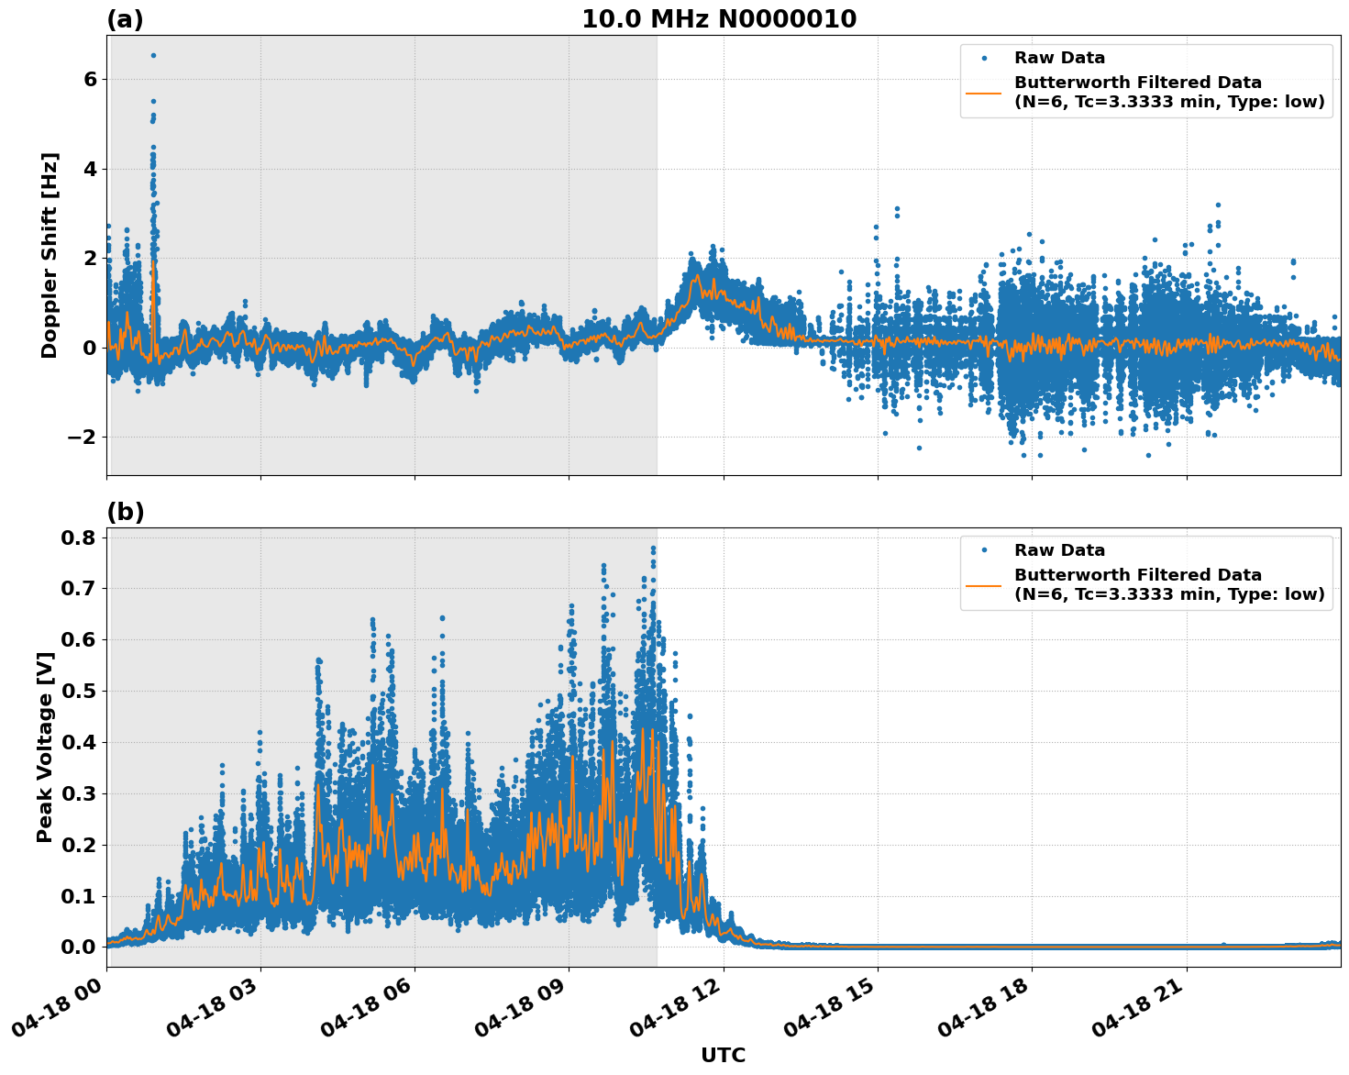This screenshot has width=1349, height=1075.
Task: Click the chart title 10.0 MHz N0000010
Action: (x=719, y=19)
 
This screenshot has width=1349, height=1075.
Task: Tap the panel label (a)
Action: (x=125, y=19)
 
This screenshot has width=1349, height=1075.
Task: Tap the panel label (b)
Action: (x=126, y=512)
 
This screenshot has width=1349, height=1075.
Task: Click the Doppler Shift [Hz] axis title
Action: (x=50, y=255)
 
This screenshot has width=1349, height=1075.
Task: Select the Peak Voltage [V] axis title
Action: (x=45, y=747)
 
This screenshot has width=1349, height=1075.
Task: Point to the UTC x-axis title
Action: (x=723, y=1055)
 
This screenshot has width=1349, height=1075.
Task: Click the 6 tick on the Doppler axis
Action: (x=90, y=80)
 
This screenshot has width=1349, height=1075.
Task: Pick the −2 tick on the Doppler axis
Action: (x=83, y=437)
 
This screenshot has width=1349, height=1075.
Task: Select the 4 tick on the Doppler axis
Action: (x=90, y=169)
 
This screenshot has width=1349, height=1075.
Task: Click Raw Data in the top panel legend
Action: (x=1059, y=58)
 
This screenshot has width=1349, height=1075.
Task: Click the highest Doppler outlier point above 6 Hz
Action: (x=153, y=55)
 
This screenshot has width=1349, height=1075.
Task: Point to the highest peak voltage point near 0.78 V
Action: (x=653, y=549)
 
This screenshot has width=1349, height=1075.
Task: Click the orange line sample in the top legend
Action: (x=983, y=92)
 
